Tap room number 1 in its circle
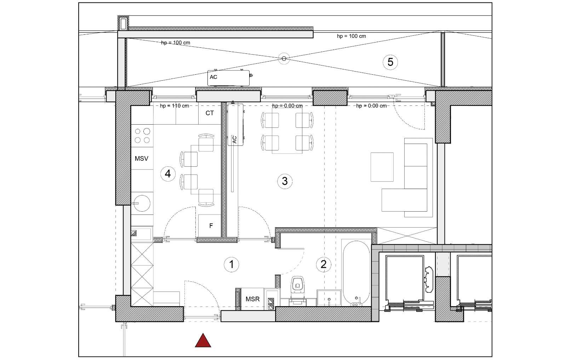pyautogui.click(x=232, y=264)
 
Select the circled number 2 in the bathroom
pyautogui.click(x=324, y=264)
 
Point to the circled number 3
pyautogui.click(x=285, y=181)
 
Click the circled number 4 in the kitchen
pyautogui.click(x=168, y=173)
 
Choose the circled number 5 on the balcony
pyautogui.click(x=390, y=62)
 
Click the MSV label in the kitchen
pyautogui.click(x=142, y=159)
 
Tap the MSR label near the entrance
pyautogui.click(x=253, y=299)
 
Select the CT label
pyautogui.click(x=210, y=113)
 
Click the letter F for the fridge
pyautogui.click(x=211, y=225)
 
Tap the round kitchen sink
pyautogui.click(x=142, y=203)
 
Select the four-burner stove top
pyautogui.click(x=142, y=136)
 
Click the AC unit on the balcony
pyautogui.click(x=229, y=78)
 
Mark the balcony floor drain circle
pyautogui.click(x=284, y=59)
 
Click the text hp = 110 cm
pyautogui.click(x=175, y=106)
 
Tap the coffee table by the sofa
pyautogui.click(x=382, y=167)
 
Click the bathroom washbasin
pyautogui.click(x=329, y=298)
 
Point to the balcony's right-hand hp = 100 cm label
pyautogui.click(x=352, y=36)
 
